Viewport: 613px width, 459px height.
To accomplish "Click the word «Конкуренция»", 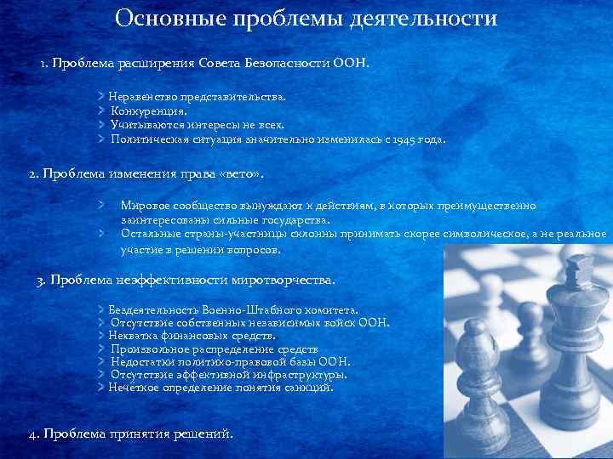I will pyautogui.click(x=149, y=111).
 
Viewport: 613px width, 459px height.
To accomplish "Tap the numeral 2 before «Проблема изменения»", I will pyautogui.click(x=32, y=174).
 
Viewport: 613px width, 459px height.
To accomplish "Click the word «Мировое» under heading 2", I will pyautogui.click(x=146, y=206).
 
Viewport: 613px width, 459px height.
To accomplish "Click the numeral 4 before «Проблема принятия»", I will pyautogui.click(x=32, y=434).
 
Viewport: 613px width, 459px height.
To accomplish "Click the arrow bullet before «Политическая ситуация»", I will pyautogui.click(x=101, y=139).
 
